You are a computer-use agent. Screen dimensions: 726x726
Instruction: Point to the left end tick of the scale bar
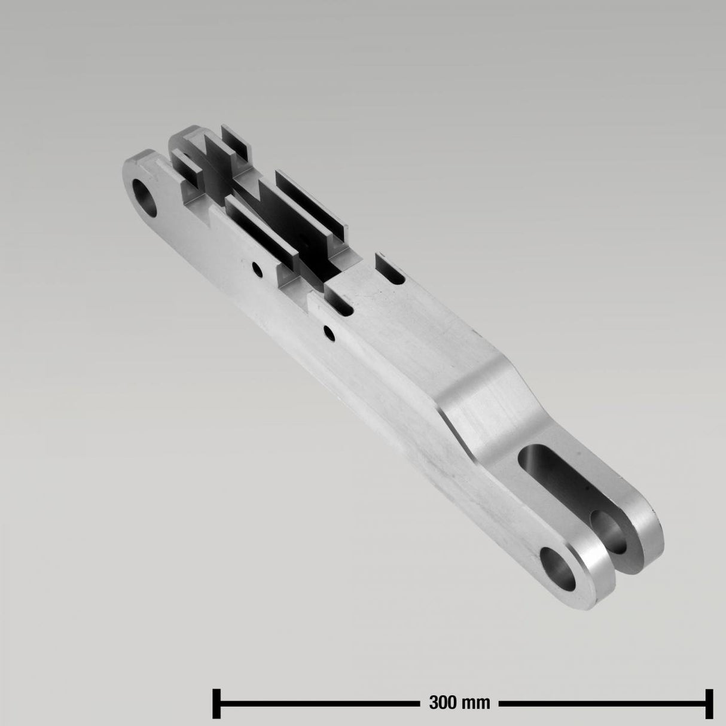[216, 701]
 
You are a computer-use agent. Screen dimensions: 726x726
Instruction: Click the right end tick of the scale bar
[711, 701]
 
